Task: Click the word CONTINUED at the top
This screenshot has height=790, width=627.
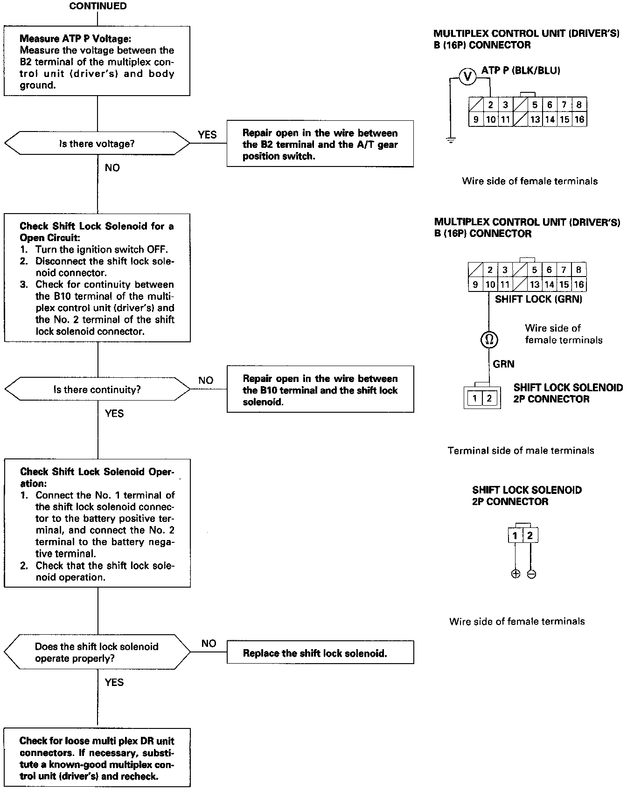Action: click(98, 6)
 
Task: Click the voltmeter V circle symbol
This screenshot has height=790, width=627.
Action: click(467, 76)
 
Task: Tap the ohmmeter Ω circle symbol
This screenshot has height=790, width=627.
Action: click(489, 340)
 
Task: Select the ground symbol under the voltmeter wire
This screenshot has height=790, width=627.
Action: click(450, 140)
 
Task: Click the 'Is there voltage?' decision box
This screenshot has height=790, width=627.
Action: click(97, 144)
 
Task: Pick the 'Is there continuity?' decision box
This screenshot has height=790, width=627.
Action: click(97, 389)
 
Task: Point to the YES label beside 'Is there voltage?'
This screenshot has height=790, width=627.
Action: click(207, 135)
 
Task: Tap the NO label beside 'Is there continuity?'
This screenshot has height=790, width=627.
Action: click(206, 381)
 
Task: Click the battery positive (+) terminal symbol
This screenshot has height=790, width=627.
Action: click(516, 574)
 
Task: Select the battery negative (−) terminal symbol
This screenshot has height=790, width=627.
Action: click(531, 574)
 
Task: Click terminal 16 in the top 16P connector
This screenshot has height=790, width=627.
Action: click(579, 119)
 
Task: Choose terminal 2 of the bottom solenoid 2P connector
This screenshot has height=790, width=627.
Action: click(529, 536)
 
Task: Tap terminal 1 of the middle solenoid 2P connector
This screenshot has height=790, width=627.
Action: click(474, 398)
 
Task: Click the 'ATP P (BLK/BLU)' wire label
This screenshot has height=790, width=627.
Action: click(520, 70)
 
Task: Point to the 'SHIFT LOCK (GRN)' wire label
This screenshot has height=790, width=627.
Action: click(538, 299)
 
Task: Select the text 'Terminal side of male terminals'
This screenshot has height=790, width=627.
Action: click(521, 450)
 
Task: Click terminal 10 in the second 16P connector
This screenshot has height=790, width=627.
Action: click(490, 284)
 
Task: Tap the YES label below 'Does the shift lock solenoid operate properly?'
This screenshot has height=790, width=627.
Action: click(114, 682)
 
